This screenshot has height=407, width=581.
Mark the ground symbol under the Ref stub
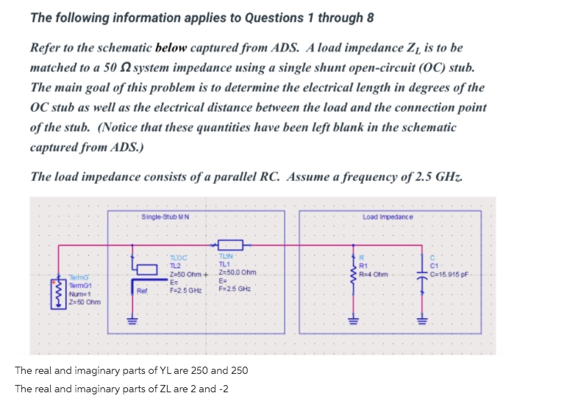(x=132, y=320)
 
